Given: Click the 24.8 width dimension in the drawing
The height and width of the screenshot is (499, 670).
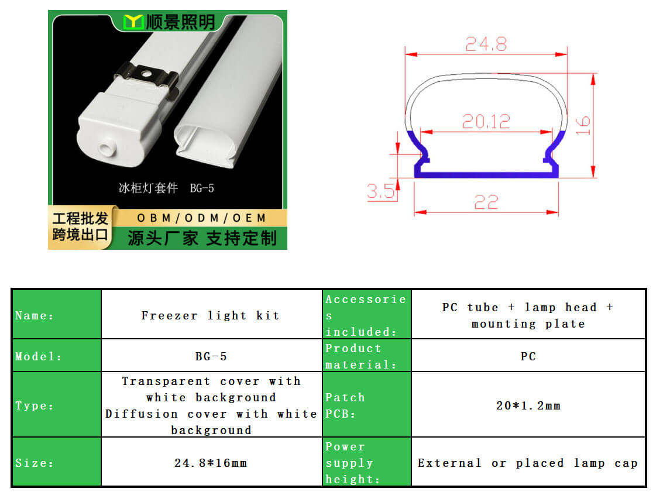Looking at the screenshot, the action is coord(486,44).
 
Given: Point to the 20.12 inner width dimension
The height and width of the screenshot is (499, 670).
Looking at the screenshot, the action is coord(486,122).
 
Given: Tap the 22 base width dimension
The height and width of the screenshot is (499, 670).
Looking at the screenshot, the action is coord(486,202).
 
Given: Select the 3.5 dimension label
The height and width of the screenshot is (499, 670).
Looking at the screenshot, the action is coord(381,191).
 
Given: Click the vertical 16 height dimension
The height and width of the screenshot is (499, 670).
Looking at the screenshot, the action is coord(583,126).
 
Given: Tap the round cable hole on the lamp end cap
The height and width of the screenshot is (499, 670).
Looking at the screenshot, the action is coord(106,149).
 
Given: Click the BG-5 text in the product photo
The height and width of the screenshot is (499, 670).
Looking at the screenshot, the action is coord(202,188).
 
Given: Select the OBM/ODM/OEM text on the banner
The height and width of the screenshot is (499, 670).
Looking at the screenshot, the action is coord(202,218).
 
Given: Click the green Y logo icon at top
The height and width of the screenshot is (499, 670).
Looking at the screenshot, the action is coord(133,22).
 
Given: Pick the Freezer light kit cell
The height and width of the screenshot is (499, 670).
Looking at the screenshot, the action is coord(211,316).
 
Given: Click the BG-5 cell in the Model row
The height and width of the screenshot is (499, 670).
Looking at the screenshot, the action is coord(211,356).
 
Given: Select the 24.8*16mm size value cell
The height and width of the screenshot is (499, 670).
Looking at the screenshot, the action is coord(211,463).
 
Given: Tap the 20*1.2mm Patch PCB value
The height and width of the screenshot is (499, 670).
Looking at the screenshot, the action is coord(528,405).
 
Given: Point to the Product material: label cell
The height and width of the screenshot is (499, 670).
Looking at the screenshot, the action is coord(366,356).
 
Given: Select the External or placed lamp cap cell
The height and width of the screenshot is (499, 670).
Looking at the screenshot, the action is coord(528,463).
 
